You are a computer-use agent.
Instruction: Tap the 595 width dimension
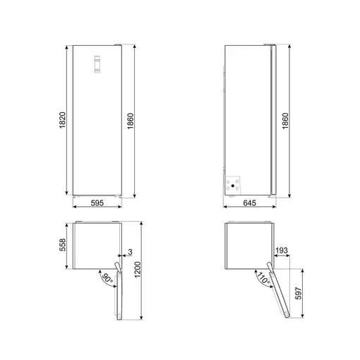coord(97,203)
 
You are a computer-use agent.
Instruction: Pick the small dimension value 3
coord(131,252)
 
